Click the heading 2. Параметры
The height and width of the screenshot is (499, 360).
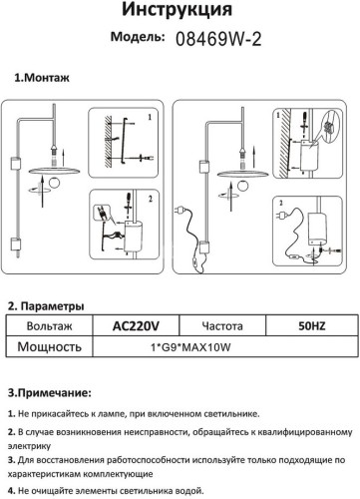pos(47,306)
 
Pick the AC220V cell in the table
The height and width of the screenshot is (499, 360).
pos(127,326)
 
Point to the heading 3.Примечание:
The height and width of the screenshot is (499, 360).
pos(56,393)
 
